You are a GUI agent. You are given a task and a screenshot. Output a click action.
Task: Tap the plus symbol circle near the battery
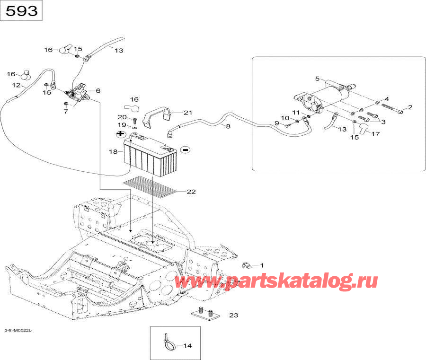coord(120,134)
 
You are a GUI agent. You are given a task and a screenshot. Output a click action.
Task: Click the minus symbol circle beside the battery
coord(185,150)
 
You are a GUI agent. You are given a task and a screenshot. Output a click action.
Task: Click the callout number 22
coord(191,192)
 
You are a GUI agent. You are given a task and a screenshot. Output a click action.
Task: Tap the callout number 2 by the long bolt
coord(410,107)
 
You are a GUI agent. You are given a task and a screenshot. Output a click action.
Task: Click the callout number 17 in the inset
coord(375,134)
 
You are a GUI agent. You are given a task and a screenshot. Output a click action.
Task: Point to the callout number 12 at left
coord(16,86)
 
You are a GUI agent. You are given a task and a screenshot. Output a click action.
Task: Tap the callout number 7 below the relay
coord(66,112)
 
